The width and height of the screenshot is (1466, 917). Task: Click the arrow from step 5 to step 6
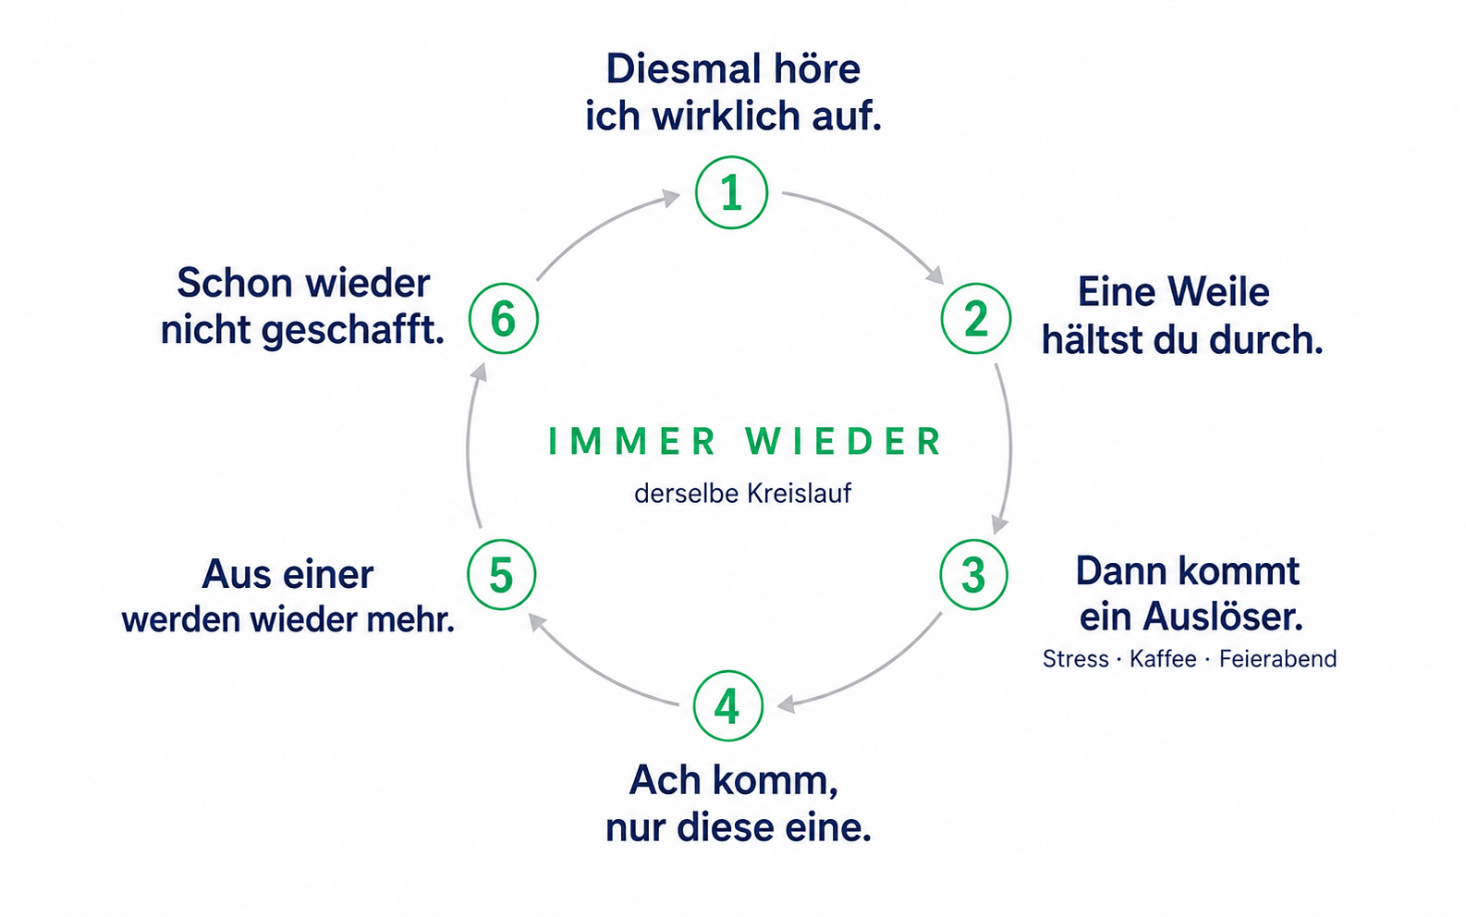tap(469, 445)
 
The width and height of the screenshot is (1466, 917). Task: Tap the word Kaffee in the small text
tap(1163, 658)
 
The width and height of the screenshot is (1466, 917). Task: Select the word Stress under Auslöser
tap(1075, 658)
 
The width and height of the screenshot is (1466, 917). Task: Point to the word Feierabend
tap(1277, 658)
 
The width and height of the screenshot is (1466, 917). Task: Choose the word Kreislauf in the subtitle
tap(797, 494)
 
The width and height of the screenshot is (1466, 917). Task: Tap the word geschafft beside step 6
tap(353, 331)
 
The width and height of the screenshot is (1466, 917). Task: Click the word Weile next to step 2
tap(1218, 292)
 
